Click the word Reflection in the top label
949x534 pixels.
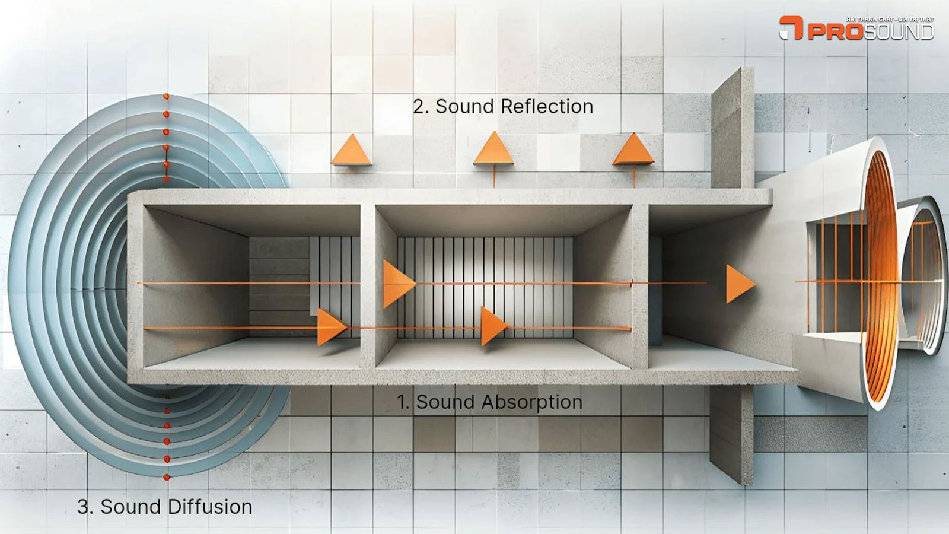tap(546, 107)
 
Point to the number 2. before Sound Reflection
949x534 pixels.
tap(421, 107)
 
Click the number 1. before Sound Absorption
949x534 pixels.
tap(403, 402)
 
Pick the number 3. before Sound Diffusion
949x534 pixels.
tap(85, 507)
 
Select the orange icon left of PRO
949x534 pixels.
tap(791, 27)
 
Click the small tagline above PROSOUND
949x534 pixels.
tap(890, 19)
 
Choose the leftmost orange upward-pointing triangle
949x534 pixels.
tap(352, 151)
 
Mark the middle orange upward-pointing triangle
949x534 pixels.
tap(493, 149)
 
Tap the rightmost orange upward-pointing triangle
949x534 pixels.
tap(633, 150)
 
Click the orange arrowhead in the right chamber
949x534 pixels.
tap(739, 284)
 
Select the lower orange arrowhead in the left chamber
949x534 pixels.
tap(330, 327)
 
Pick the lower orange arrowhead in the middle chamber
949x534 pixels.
tap(492, 326)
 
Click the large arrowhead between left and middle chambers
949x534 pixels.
tap(397, 284)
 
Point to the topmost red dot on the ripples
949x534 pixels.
tap(166, 96)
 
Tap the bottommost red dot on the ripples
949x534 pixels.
tap(167, 477)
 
